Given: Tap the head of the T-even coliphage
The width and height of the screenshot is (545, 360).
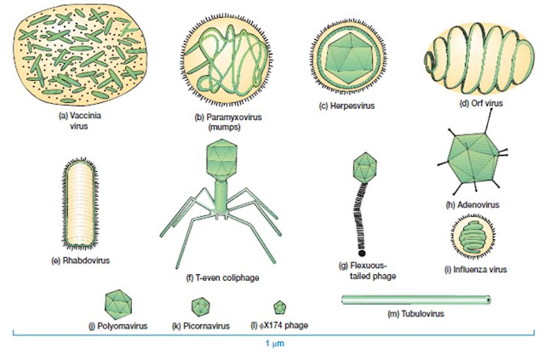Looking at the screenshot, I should click(x=221, y=164).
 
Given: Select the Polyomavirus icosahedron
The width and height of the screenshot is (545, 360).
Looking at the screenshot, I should click(x=118, y=303).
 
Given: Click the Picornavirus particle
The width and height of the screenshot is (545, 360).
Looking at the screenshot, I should click(x=203, y=306).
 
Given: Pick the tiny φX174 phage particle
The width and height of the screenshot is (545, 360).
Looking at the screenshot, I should click(x=280, y=306).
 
